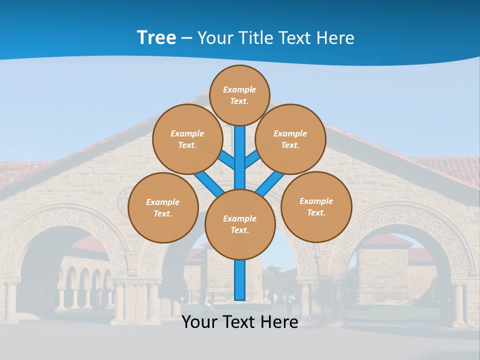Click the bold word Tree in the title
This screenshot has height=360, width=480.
click(x=156, y=37)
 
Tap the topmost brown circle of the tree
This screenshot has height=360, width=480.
click(x=239, y=95)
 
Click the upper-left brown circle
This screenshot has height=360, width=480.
click(x=187, y=139)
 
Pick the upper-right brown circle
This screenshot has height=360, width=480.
click(x=290, y=139)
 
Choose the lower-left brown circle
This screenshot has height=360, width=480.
click(x=163, y=207)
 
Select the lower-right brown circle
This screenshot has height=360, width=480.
click(x=316, y=206)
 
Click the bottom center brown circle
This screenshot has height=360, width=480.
click(x=240, y=224)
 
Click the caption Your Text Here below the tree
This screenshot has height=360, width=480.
click(x=240, y=322)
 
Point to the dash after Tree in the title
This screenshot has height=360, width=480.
click(x=186, y=38)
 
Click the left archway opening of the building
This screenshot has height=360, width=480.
click(x=50, y=270)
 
